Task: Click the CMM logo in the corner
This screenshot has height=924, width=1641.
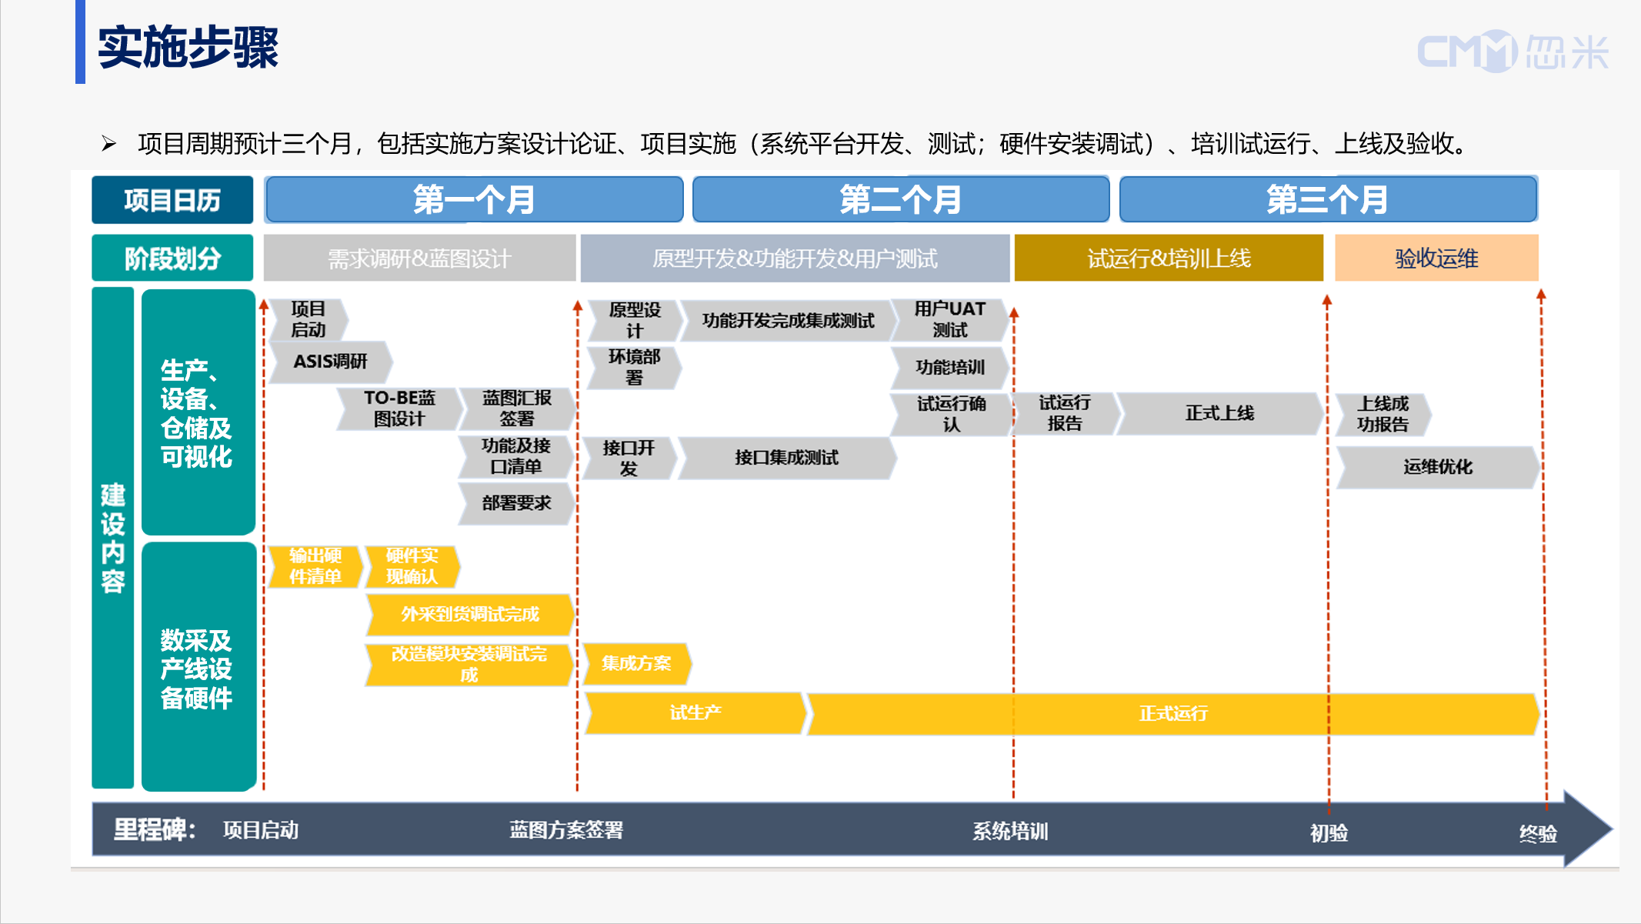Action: click(1511, 52)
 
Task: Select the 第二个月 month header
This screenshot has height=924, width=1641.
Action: click(900, 199)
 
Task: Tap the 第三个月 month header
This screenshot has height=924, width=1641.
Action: click(1327, 199)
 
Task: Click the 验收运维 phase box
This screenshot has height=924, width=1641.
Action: click(1436, 259)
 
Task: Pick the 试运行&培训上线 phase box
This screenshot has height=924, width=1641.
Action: click(1168, 259)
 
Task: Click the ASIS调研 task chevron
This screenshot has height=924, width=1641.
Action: click(330, 362)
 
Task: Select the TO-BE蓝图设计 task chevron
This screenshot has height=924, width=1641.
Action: click(399, 409)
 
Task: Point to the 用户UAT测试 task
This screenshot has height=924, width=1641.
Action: click(949, 319)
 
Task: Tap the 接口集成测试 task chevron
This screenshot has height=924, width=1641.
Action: click(785, 458)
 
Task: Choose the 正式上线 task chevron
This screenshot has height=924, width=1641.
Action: click(1219, 414)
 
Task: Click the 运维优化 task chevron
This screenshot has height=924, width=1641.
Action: click(1437, 467)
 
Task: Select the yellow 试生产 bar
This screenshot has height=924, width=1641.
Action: click(695, 713)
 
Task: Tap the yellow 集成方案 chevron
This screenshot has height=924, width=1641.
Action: click(635, 663)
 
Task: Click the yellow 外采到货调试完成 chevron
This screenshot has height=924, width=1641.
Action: click(469, 614)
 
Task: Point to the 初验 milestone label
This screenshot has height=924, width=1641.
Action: click(1329, 833)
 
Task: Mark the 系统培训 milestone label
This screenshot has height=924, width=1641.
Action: click(1009, 832)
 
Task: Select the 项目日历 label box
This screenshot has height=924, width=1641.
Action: click(172, 200)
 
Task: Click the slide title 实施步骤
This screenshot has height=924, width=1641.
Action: click(188, 48)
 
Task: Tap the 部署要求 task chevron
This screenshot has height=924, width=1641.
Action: click(516, 503)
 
